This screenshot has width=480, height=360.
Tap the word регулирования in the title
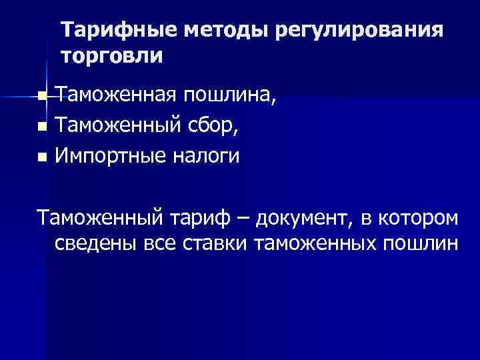357,31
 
